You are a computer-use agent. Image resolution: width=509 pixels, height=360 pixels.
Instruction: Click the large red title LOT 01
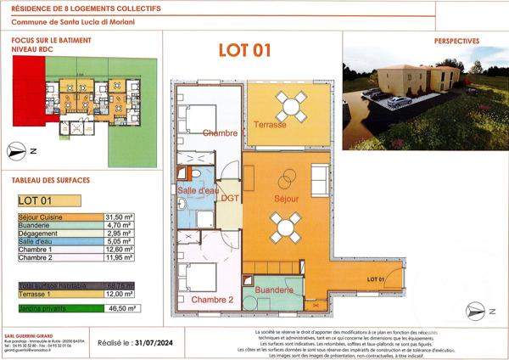point(244,50)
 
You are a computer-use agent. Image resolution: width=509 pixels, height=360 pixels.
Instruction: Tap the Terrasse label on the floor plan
point(270,125)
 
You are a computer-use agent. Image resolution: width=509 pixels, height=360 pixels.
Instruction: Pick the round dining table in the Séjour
point(284,226)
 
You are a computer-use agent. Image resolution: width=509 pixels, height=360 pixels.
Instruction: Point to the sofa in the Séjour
point(320,178)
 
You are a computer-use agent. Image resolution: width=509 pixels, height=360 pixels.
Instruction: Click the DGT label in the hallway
point(230,198)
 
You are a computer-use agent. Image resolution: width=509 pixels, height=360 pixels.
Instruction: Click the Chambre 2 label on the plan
point(212,301)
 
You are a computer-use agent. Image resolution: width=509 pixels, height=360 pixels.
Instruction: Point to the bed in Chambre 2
point(202,278)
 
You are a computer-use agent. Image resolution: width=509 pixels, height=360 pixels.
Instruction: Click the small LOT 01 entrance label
point(377,279)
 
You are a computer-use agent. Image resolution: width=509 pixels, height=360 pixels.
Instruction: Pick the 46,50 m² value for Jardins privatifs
point(122,310)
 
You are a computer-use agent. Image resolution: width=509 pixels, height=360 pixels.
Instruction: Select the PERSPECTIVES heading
point(456,40)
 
